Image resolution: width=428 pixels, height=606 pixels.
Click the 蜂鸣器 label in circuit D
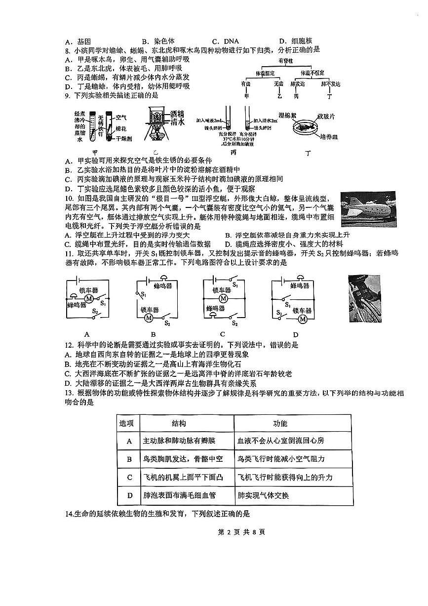(300, 285)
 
